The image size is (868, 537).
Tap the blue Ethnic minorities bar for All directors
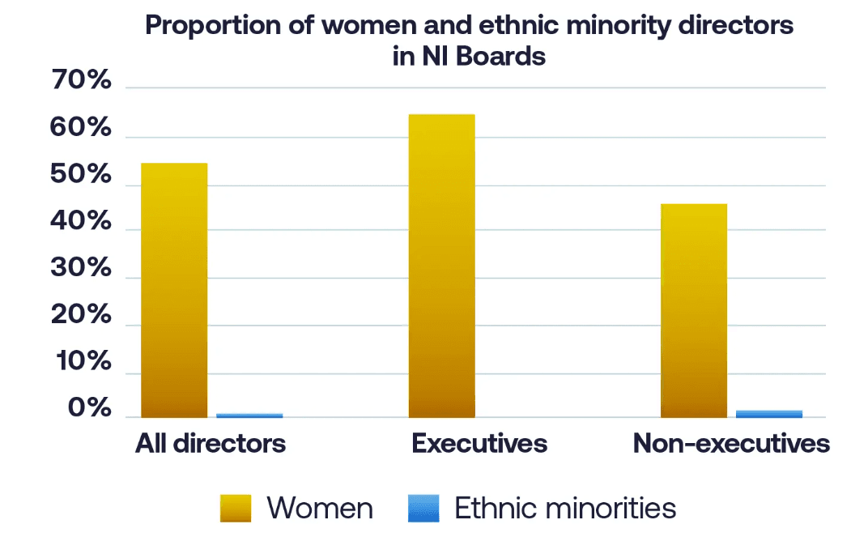coord(249,416)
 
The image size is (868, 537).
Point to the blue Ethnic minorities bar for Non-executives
coord(769,414)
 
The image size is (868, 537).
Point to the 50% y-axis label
coord(80,176)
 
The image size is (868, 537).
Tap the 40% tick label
coord(80,222)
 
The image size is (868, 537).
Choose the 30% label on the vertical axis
coord(80,269)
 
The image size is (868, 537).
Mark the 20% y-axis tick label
coord(80,316)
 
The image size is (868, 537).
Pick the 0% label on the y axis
coord(89,409)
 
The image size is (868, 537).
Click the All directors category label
coord(211,444)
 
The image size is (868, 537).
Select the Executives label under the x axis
coord(479,444)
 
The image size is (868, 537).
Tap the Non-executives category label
coord(731,444)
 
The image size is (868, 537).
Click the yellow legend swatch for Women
coord(236,509)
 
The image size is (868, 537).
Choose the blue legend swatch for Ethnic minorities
coord(423,509)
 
